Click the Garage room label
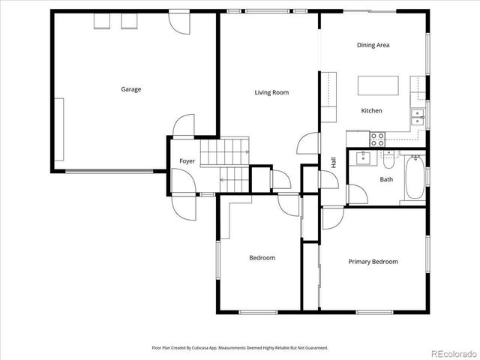(x=131, y=89)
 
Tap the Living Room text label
(x=271, y=93)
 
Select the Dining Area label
(x=373, y=45)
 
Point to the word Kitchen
(x=371, y=111)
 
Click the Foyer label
(x=187, y=161)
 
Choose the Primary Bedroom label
(x=373, y=262)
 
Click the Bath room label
(x=386, y=179)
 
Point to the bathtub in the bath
(x=414, y=178)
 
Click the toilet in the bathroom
(x=388, y=158)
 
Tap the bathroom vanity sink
(x=364, y=157)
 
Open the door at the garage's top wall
(x=180, y=22)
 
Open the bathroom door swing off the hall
(x=356, y=193)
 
